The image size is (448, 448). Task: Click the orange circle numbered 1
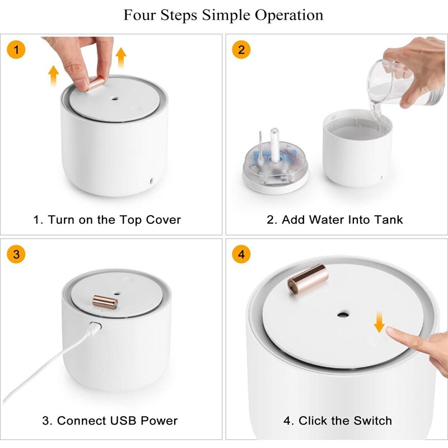click(16, 49)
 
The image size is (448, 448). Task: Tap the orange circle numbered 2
click(241, 49)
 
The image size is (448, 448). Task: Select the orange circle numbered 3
click(16, 254)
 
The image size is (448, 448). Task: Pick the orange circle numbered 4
click(241, 254)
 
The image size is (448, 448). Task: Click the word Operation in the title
click(289, 16)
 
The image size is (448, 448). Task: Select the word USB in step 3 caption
click(123, 421)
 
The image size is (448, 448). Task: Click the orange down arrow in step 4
click(379, 323)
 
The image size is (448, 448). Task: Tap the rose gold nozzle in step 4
click(307, 279)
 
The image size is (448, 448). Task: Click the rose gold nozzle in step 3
click(105, 302)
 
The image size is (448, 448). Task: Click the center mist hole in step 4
click(342, 315)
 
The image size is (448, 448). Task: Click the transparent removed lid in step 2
click(276, 166)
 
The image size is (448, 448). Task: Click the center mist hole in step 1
click(115, 99)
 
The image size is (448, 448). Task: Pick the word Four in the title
click(139, 16)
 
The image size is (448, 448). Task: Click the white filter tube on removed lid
click(275, 146)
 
